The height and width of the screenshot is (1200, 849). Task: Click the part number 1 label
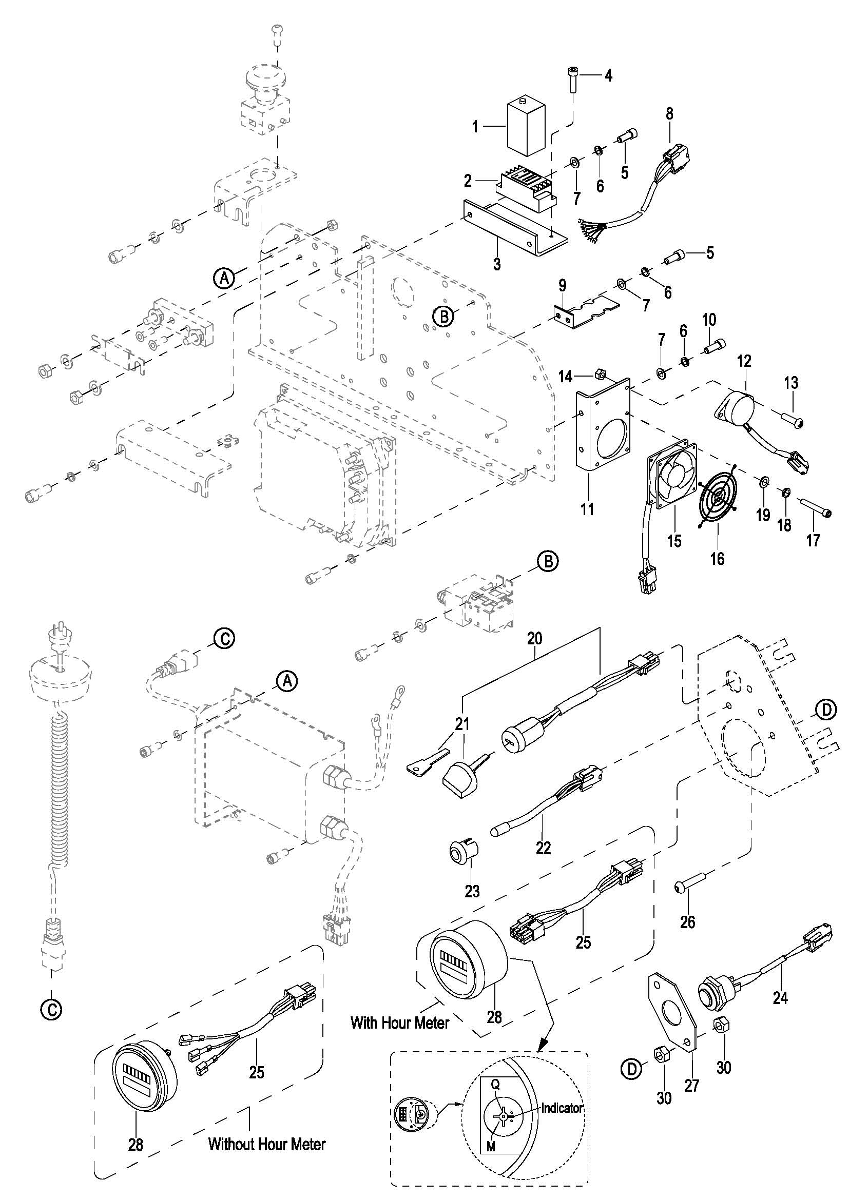(475, 127)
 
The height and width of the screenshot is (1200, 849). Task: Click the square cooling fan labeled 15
(672, 473)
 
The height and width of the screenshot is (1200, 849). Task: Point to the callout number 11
(587, 508)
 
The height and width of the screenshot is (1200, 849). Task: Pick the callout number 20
(535, 638)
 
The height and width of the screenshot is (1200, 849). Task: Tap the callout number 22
(543, 847)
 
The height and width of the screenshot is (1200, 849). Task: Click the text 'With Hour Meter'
(400, 1022)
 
